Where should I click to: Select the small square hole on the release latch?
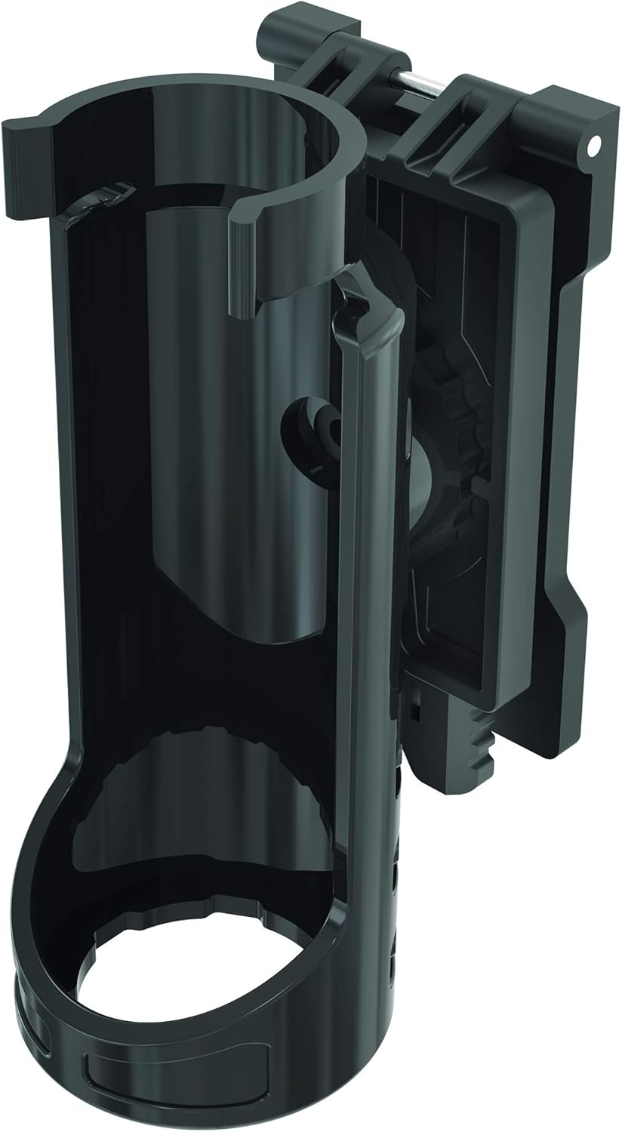click(415, 710)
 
